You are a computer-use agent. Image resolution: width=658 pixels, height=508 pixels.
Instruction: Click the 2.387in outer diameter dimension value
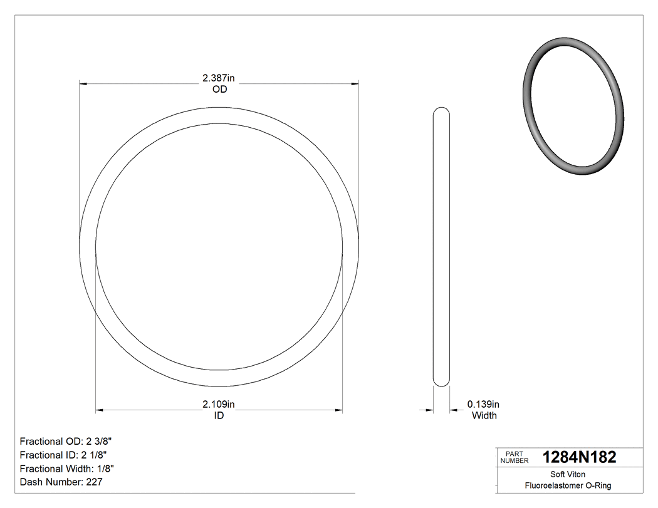[218, 78]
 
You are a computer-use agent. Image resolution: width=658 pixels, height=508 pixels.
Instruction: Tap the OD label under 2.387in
[219, 90]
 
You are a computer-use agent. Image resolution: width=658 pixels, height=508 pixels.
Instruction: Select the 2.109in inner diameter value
[218, 404]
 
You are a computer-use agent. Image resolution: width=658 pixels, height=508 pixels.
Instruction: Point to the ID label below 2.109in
[219, 415]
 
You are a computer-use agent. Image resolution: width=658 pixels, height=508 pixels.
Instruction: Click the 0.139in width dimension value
[483, 404]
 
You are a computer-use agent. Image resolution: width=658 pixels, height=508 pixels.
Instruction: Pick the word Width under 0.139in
[484, 415]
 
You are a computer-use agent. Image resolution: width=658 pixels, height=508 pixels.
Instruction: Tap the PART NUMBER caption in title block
[514, 457]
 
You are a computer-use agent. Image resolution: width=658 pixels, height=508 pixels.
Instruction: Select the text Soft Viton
[568, 474]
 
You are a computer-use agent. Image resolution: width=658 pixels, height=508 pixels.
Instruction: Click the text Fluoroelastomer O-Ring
[568, 485]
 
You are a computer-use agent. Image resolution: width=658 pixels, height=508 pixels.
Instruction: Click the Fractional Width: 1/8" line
[67, 469]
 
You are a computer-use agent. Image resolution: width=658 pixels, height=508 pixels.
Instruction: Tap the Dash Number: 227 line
[61, 482]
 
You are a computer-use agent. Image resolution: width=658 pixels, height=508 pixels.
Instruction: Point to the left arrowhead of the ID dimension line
[99, 410]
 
